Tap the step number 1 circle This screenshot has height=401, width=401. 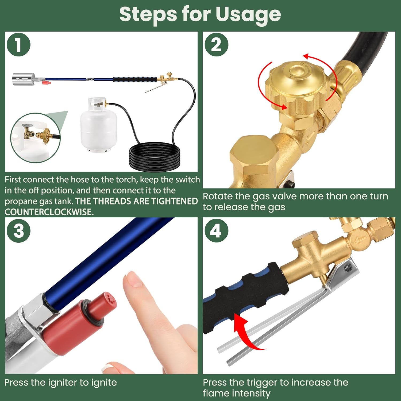pyautogui.click(x=18, y=44)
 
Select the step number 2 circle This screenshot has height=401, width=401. pyautogui.click(x=216, y=44)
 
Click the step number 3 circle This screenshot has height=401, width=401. pyautogui.click(x=18, y=230)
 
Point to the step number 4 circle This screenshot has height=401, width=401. pyautogui.click(x=216, y=230)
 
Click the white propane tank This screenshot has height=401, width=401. pyautogui.click(x=98, y=126)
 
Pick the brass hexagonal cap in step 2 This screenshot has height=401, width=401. pyautogui.click(x=254, y=155)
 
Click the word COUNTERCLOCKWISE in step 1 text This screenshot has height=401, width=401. pyautogui.click(x=49, y=212)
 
